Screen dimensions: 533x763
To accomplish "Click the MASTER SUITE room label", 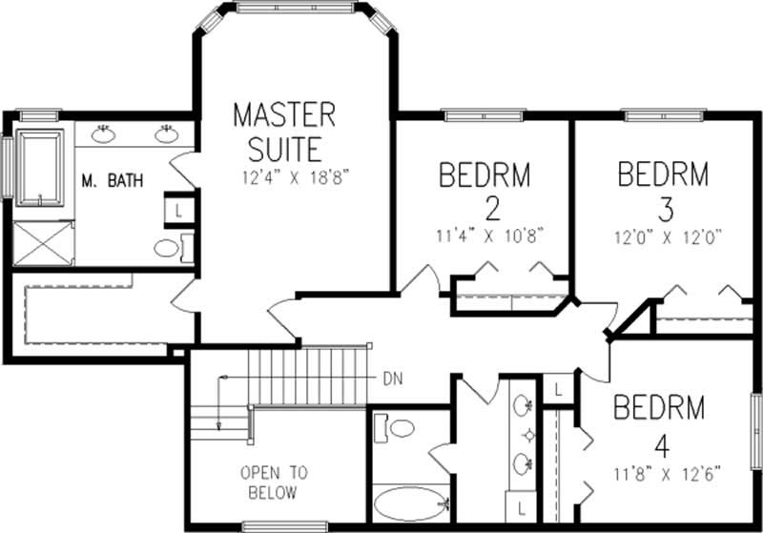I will pyautogui.click(x=284, y=132).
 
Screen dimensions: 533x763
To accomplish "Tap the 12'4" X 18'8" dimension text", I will pyautogui.click(x=284, y=177).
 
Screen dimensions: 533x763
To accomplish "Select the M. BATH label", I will pyautogui.click(x=112, y=179).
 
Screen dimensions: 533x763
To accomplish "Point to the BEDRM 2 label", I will pyautogui.click(x=484, y=191).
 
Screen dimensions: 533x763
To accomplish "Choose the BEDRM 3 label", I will pyautogui.click(x=663, y=189).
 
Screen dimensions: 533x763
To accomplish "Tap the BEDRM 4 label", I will pyautogui.click(x=659, y=422).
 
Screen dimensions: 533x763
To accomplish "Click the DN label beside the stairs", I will pyautogui.click(x=392, y=378).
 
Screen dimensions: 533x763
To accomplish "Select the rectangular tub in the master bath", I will pyautogui.click(x=39, y=169).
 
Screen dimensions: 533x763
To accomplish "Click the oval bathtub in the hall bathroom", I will pyautogui.click(x=407, y=502).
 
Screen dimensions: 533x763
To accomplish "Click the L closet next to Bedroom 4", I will pyautogui.click(x=557, y=388).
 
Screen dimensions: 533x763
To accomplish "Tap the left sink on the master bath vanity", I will pyautogui.click(x=106, y=134).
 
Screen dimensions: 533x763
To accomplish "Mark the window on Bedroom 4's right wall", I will pyautogui.click(x=756, y=429).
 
